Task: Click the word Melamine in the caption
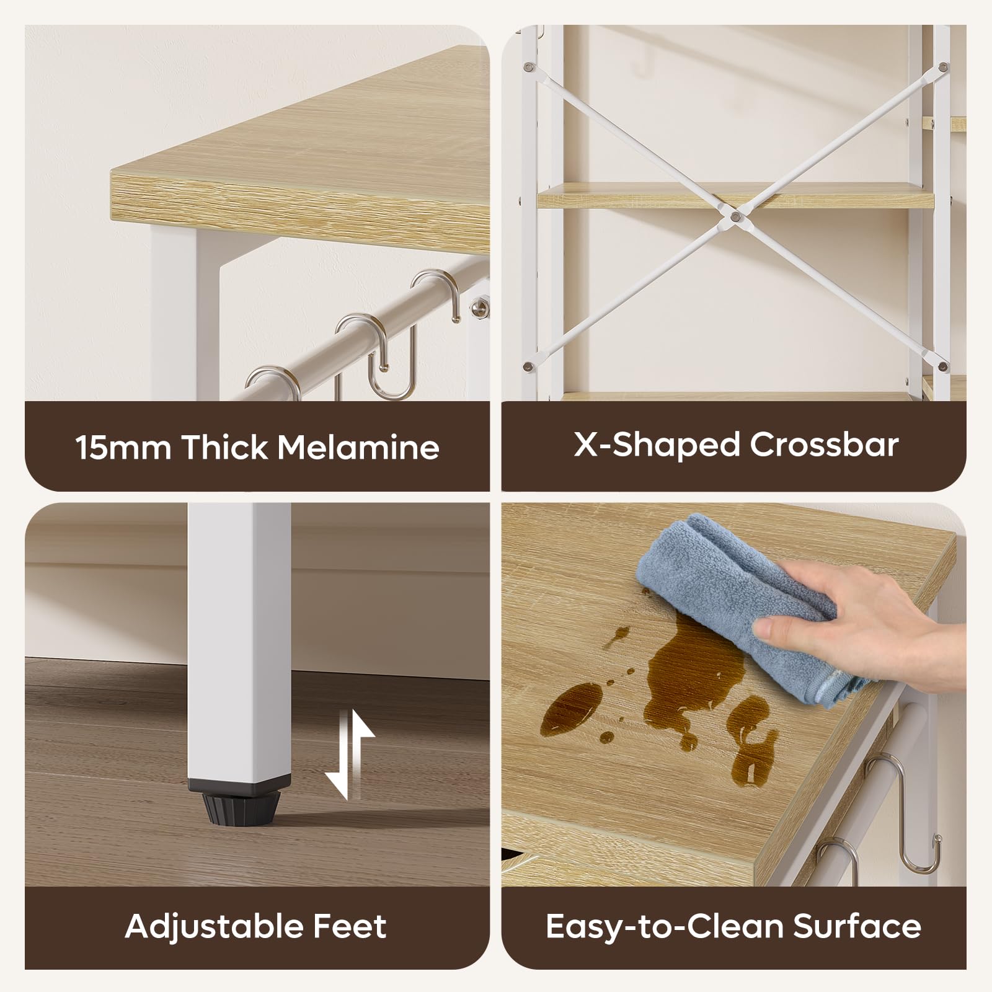(358, 446)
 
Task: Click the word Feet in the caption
(350, 926)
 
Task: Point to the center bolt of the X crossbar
(735, 216)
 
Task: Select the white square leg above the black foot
(239, 639)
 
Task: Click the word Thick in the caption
(224, 446)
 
